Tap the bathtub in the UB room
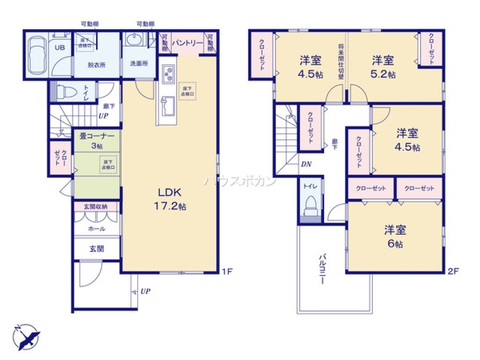[36, 56]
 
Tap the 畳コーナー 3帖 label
[96, 141]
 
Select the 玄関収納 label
[96, 206]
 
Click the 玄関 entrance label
[96, 250]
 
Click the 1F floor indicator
[227, 272]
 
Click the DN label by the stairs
[306, 164]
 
